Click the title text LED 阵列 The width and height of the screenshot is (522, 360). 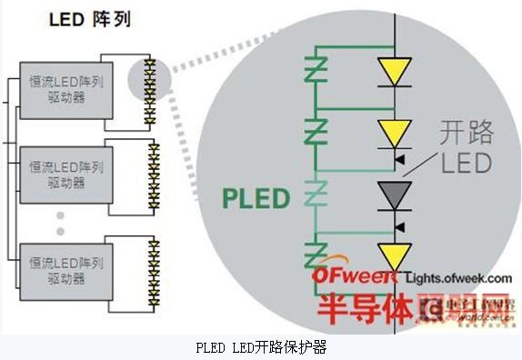(88, 19)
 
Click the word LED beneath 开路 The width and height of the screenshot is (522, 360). (466, 164)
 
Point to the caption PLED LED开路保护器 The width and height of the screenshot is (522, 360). (261, 347)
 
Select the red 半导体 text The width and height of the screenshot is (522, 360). (360, 309)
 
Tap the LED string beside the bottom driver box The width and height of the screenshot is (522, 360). (154, 267)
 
